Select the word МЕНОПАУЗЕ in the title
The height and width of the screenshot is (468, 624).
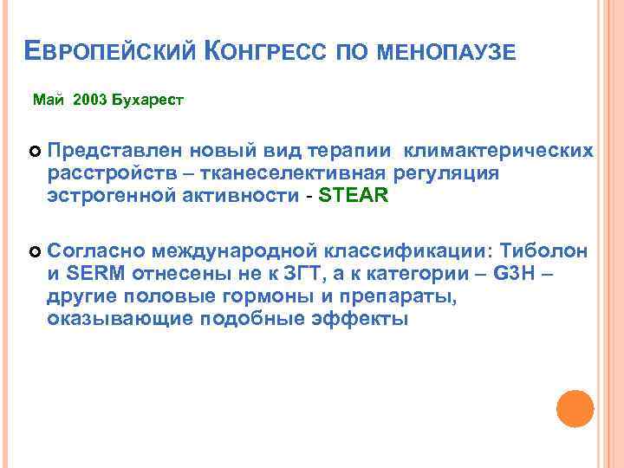[449, 55]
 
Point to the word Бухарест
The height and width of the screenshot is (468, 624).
[148, 101]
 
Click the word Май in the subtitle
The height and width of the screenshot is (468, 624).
[49, 101]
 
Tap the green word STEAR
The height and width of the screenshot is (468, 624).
[354, 196]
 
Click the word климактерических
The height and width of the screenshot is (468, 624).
[499, 152]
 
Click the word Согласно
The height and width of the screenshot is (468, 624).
[95, 251]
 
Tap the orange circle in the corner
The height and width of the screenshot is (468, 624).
[575, 409]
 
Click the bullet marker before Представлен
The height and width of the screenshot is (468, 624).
[36, 153]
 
